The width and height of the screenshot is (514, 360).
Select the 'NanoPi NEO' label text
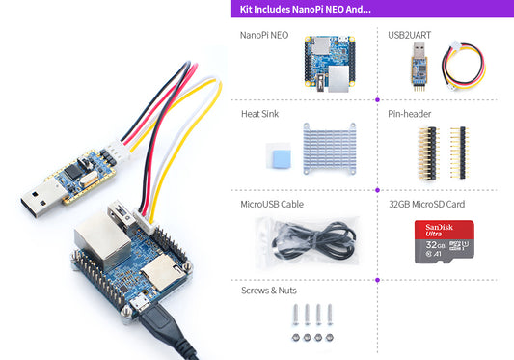click(x=263, y=35)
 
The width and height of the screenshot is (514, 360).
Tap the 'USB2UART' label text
click(x=410, y=35)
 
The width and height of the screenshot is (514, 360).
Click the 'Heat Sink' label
click(x=259, y=113)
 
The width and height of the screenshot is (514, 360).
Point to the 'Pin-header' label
click(x=409, y=113)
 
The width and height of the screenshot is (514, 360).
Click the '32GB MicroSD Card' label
click(x=425, y=205)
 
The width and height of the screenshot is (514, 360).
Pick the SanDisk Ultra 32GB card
click(x=445, y=241)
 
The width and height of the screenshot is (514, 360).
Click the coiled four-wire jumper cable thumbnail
click(x=468, y=67)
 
